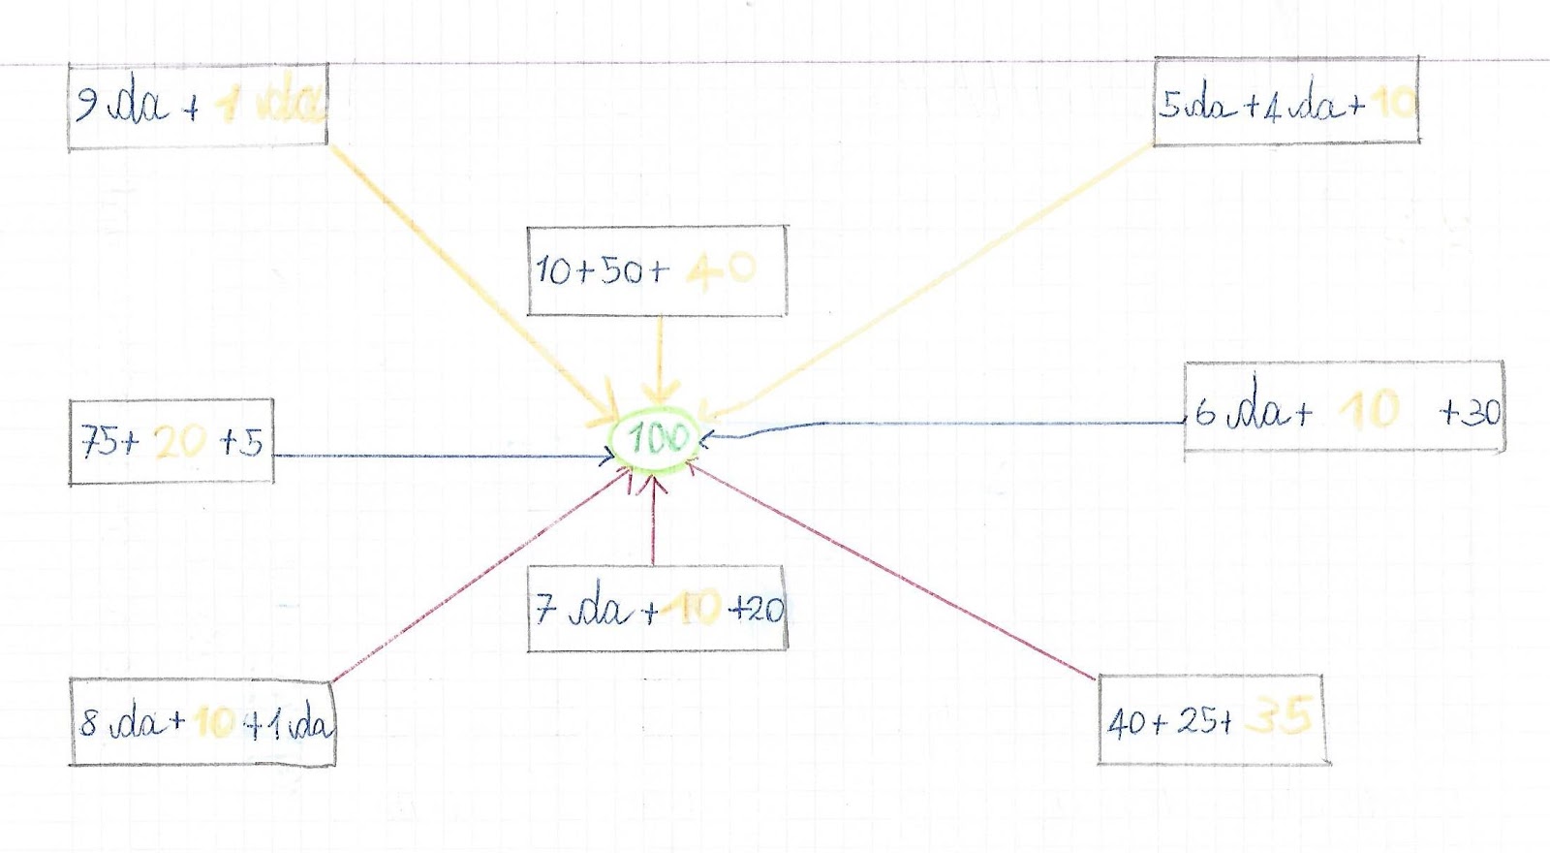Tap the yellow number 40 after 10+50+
pos(721,269)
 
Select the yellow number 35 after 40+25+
pos(1279,717)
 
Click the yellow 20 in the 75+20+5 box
pos(180,443)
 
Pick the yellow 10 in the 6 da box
pos(1369,410)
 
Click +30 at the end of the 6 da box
pos(1471,413)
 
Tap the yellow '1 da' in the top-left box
pos(270,103)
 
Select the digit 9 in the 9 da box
pos(87,103)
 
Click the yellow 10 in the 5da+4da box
pos(1395,102)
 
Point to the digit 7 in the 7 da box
pos(546,609)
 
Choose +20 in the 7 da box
pos(757,609)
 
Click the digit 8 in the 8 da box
pos(89,722)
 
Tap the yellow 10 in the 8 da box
pos(214,722)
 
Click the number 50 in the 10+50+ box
pos(620,270)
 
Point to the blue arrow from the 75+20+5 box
pos(436,456)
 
